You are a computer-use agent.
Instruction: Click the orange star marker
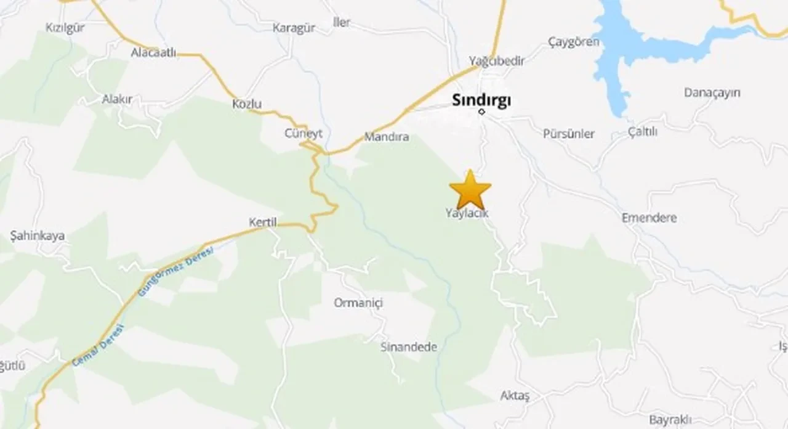point(470,189)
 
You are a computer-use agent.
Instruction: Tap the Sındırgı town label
point(481,100)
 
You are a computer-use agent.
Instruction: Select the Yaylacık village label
point(467,213)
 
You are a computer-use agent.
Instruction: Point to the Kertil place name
point(263,223)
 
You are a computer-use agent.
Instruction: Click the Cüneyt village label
point(304,133)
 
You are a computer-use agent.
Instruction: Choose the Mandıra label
point(387,137)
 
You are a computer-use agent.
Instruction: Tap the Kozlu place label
point(247,104)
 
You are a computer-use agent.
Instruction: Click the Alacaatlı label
point(153,53)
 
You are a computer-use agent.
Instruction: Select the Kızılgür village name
point(65,27)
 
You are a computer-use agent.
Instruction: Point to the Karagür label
point(294,28)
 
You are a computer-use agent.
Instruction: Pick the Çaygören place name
point(574,42)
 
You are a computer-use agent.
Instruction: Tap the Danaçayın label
point(712,92)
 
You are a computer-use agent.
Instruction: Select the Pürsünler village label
point(569,133)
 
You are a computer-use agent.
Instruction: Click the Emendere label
point(649,218)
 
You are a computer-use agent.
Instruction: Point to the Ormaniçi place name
point(358,303)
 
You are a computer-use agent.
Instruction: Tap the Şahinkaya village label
point(38,235)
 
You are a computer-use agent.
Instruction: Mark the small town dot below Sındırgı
point(482,112)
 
